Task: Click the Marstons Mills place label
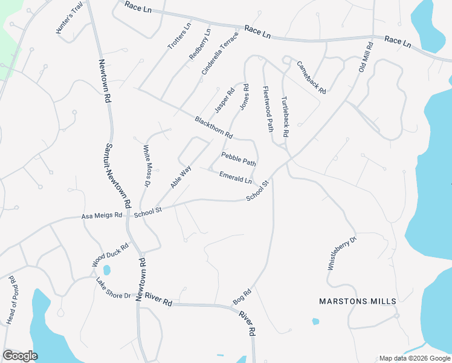click(x=358, y=301)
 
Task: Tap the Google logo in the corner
click(x=20, y=356)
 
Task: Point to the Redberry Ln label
click(x=200, y=44)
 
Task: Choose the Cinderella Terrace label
click(x=221, y=53)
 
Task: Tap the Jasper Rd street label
click(x=224, y=100)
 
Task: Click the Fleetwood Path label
click(x=268, y=109)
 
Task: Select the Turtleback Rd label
click(x=285, y=116)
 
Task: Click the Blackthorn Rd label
click(x=214, y=128)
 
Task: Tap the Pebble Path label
click(x=239, y=159)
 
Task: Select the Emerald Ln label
click(x=236, y=177)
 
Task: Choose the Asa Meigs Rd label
click(x=103, y=215)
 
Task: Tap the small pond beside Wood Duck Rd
click(x=107, y=269)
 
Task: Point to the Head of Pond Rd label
click(x=11, y=300)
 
